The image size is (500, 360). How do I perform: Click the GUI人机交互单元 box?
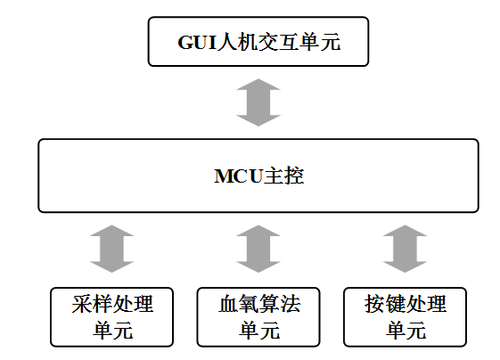pos(258,42)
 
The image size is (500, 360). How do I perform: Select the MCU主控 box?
pos(258,176)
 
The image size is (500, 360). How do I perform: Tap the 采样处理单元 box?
pos(112,317)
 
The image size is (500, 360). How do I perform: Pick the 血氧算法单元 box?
pos(258,317)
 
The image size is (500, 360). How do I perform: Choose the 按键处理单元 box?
pos(405,317)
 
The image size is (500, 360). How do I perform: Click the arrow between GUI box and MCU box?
pos(258,102)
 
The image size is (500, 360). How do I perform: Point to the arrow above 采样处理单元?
pos(112,249)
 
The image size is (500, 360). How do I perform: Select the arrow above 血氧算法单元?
pos(258,249)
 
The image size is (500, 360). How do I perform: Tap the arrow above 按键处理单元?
pos(405,249)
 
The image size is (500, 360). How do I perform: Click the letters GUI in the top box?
pos(197,42)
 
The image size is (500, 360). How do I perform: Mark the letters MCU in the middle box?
pos(239,176)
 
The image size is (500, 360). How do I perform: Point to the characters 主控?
pos(283,176)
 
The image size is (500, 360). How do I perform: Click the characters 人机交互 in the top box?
pos(258,42)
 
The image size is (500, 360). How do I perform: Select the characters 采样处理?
pos(112,304)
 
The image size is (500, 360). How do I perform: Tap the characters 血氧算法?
pos(259,304)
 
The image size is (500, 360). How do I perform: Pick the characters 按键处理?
pos(406,304)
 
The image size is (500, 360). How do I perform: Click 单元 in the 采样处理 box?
pos(112,330)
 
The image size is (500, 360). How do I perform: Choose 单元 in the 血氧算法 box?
pos(259,330)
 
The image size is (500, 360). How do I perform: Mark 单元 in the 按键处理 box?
pos(406,330)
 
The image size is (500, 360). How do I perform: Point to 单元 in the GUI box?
pos(320,42)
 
